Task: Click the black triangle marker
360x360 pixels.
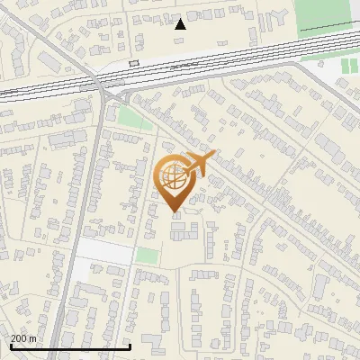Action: pyautogui.click(x=180, y=24)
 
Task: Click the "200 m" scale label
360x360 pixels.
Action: pyautogui.click(x=23, y=337)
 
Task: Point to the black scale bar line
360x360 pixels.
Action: pyautogui.click(x=70, y=346)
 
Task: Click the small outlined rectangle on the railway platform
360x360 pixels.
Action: pyautogui.click(x=134, y=63)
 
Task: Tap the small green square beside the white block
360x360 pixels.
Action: pyautogui.click(x=147, y=256)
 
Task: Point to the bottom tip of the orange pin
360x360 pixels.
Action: pyautogui.click(x=175, y=212)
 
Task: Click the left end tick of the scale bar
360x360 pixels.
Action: pyautogui.click(x=9, y=346)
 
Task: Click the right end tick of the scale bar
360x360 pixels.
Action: pyautogui.click(x=131, y=346)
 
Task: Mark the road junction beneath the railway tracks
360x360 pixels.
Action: pyautogui.click(x=112, y=93)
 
